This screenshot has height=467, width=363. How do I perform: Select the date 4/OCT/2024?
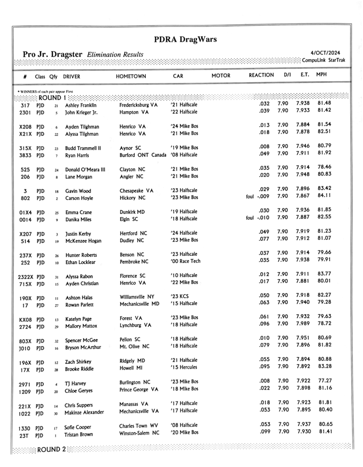[325, 53]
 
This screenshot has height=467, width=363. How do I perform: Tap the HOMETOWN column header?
[131, 75]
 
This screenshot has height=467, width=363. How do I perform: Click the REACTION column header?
[261, 75]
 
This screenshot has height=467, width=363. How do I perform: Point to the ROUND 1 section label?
[53, 97]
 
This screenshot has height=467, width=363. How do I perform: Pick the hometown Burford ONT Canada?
[143, 156]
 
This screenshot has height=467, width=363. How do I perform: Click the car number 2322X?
[26, 276]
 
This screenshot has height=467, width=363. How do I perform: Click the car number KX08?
[25, 320]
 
